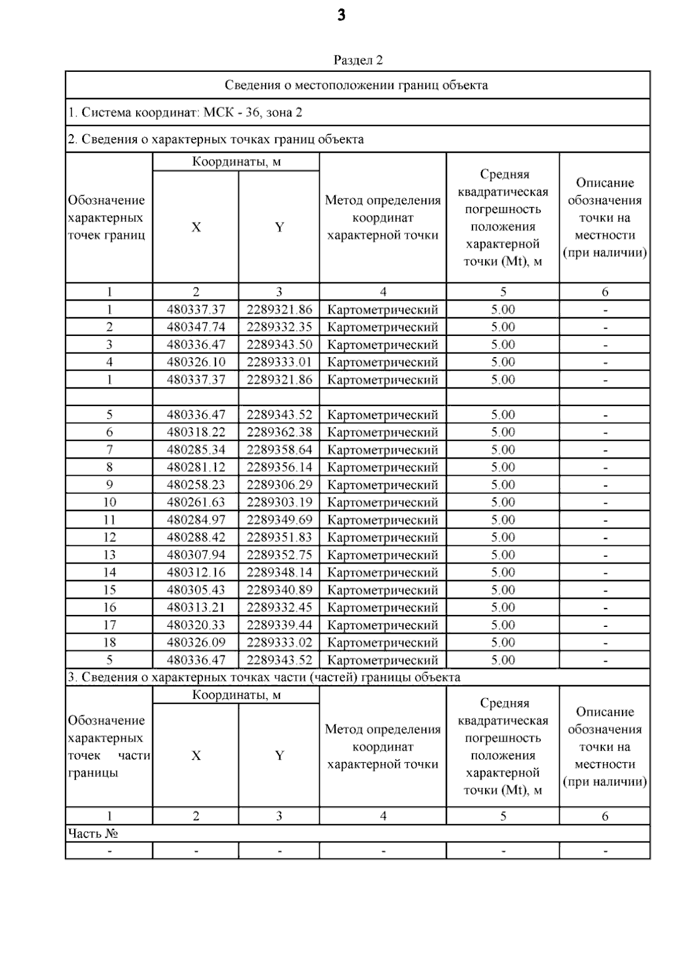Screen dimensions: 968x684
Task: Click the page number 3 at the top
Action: click(341, 15)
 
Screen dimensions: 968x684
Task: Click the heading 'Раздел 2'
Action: click(357, 60)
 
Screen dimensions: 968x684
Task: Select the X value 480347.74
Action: click(196, 327)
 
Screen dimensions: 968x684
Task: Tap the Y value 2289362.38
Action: click(279, 432)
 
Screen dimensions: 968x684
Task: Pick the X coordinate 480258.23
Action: click(196, 484)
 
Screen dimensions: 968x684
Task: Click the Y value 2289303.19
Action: click(279, 502)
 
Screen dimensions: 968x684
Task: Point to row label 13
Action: click(109, 554)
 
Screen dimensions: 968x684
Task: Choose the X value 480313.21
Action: click(196, 607)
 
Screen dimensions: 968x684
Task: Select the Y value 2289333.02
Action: click(279, 642)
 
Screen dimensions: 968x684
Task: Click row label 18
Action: click(109, 642)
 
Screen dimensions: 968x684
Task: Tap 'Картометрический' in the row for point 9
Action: click(382, 485)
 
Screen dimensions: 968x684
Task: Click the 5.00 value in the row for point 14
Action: click(503, 572)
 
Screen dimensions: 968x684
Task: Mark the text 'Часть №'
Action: click(93, 833)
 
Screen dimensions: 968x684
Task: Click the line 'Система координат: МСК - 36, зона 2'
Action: click(185, 112)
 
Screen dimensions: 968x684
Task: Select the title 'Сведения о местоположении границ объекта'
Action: click(356, 85)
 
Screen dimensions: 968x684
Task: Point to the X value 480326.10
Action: click(196, 362)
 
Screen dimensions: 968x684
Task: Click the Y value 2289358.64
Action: click(279, 449)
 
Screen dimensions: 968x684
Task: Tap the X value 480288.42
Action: click(196, 537)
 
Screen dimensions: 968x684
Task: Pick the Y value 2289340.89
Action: click(279, 590)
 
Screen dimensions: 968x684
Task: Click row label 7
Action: click(109, 449)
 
